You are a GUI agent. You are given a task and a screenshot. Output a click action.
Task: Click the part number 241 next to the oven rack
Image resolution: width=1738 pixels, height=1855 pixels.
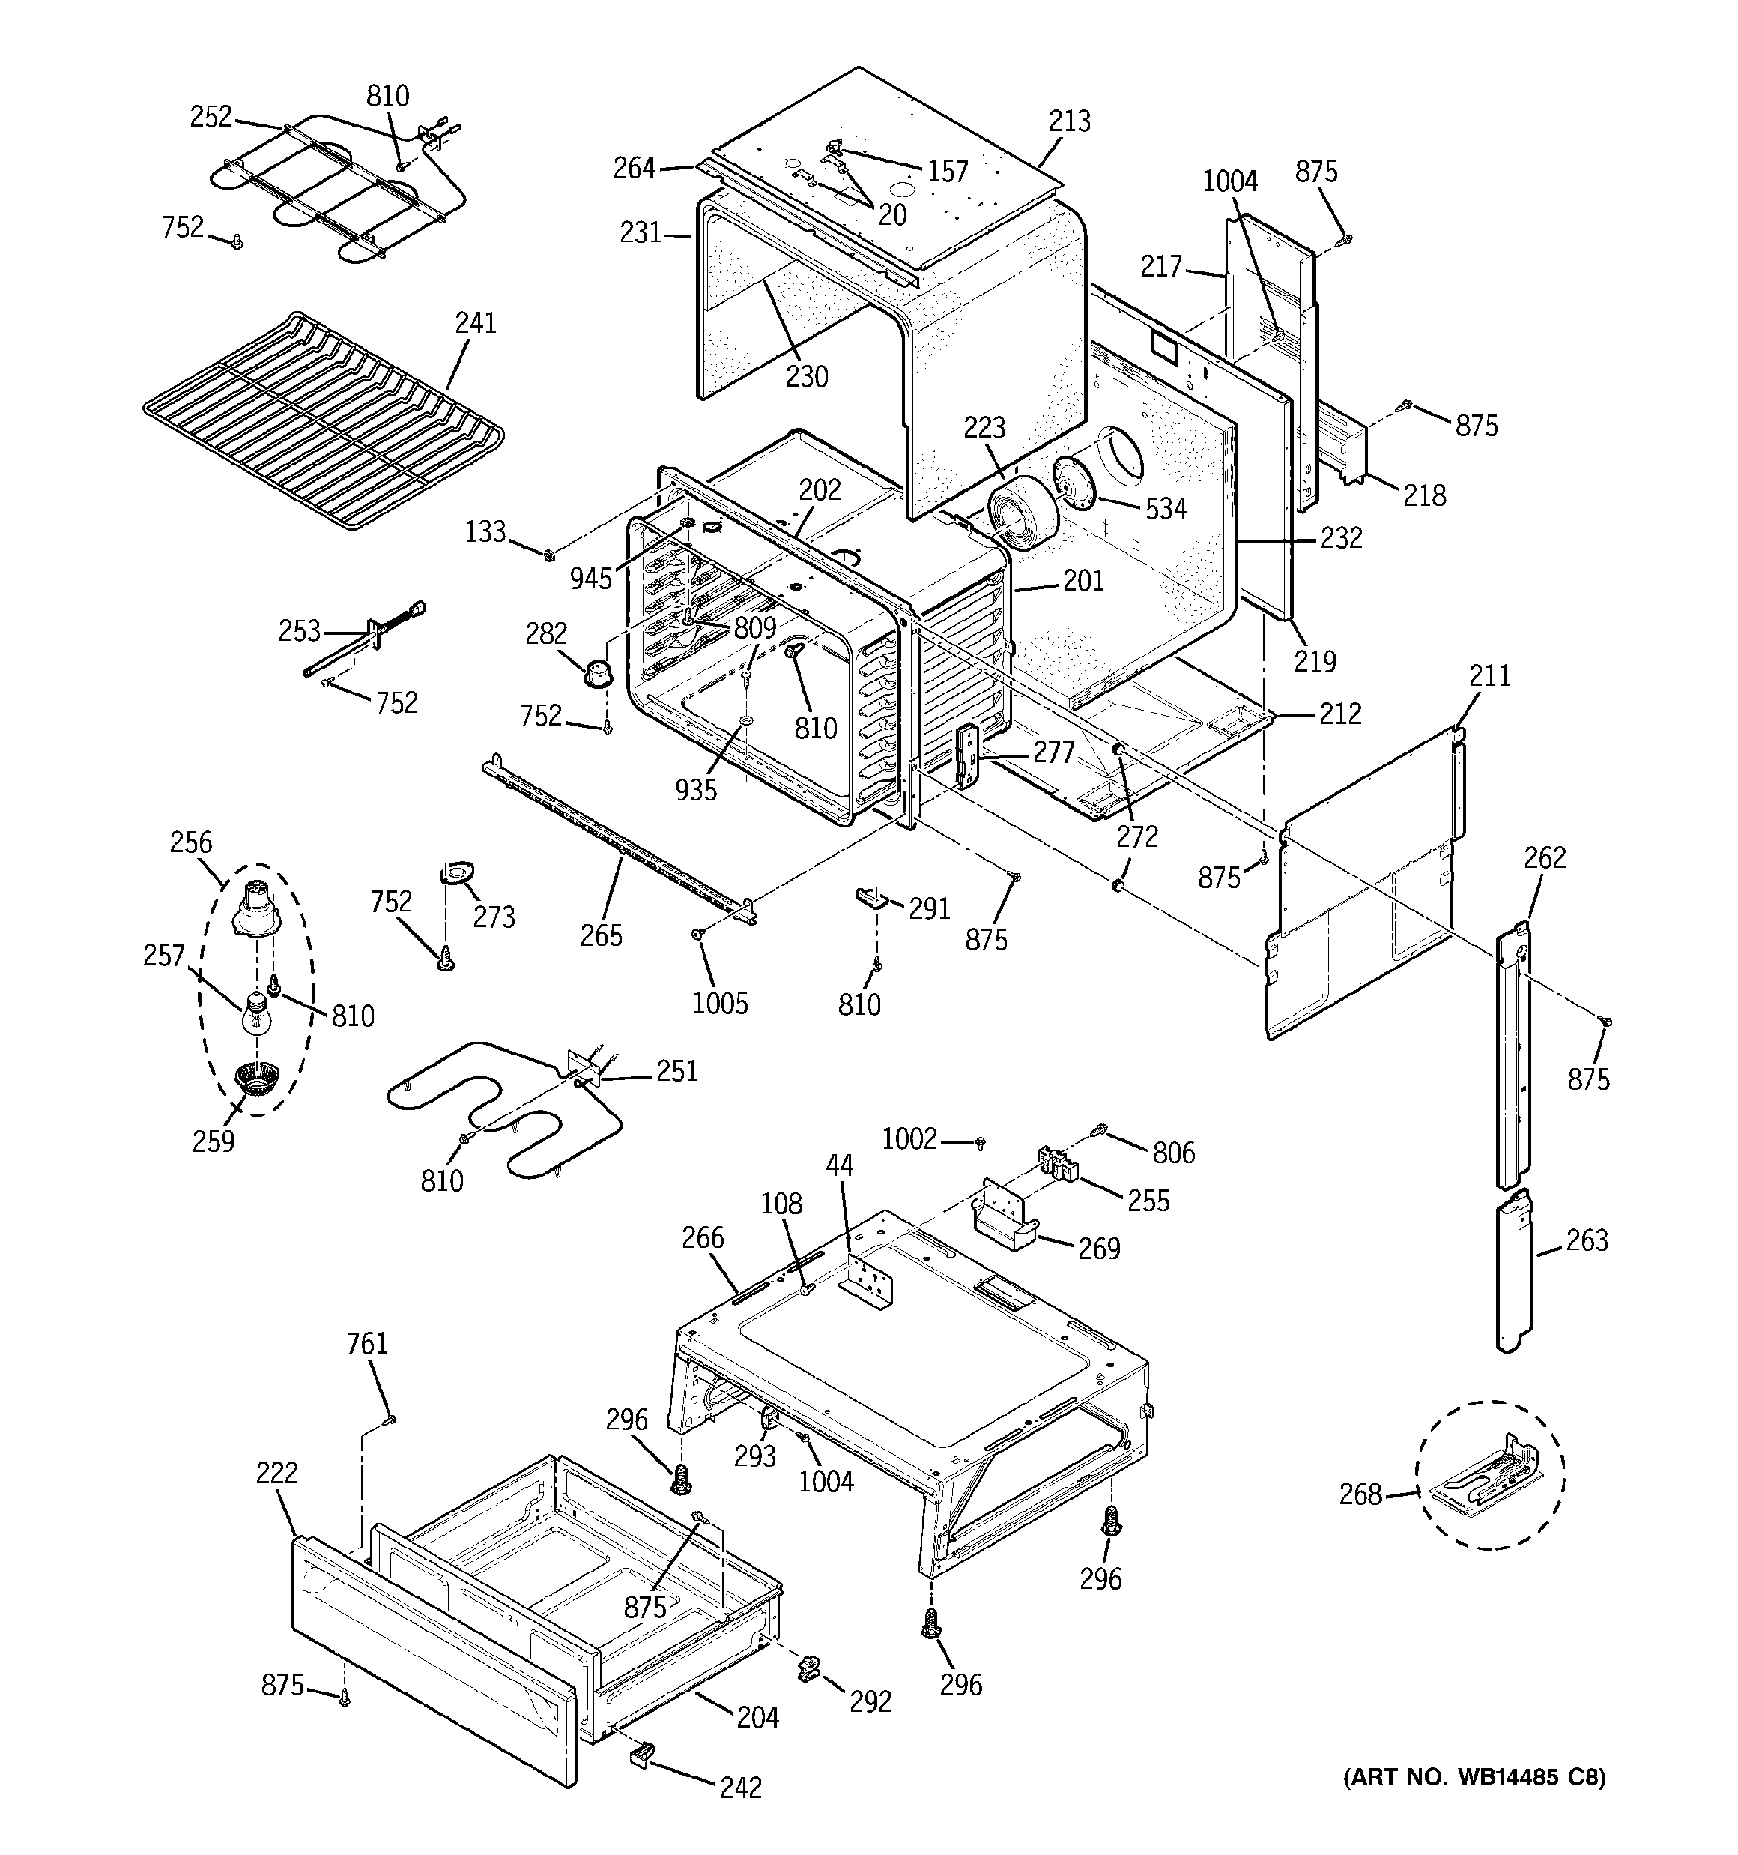pos(475,323)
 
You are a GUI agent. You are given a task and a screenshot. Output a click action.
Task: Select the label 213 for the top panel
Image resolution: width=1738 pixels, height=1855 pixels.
pos(1069,121)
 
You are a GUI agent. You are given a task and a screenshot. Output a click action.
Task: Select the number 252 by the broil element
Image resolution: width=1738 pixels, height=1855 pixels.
pos(211,117)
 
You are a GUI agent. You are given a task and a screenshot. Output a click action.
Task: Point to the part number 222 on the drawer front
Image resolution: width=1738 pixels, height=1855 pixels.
pos(277,1473)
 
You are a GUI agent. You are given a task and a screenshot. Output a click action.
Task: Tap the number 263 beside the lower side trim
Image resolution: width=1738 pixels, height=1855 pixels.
pos(1587,1240)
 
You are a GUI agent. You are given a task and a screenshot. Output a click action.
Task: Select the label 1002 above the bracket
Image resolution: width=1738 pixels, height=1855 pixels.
pos(909,1138)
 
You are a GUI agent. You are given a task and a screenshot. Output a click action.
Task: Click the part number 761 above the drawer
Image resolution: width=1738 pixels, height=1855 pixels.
pos(366,1344)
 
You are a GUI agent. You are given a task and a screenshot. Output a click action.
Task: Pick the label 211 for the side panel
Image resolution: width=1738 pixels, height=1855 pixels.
pos(1489,675)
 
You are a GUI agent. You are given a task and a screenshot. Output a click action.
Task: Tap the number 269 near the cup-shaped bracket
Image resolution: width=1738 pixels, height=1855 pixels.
pos(1098,1249)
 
